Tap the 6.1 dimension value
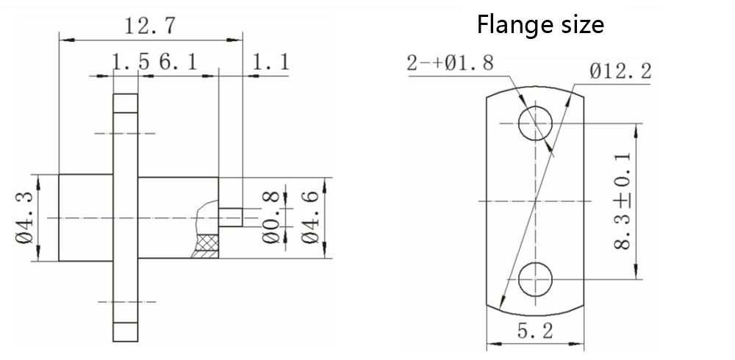(176, 63)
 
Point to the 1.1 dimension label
(270, 63)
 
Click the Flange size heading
(540, 25)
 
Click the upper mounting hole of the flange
(536, 123)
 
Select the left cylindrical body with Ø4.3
(85, 217)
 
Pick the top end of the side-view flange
(125, 104)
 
